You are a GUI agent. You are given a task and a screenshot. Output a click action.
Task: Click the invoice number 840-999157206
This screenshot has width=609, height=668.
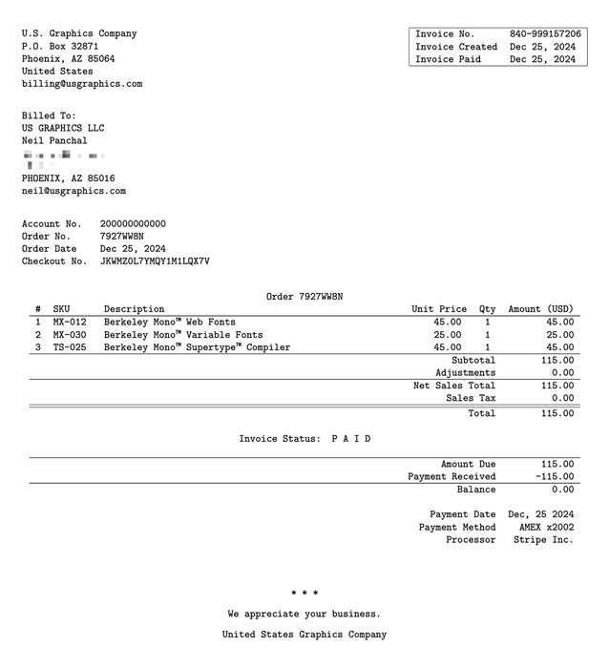[544, 33]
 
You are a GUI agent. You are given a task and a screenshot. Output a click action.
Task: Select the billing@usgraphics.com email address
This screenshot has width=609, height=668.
[82, 84]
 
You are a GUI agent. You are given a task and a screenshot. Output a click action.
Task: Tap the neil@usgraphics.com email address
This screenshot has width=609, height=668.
[73, 191]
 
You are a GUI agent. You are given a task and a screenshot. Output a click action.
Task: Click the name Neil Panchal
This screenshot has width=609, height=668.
[54, 141]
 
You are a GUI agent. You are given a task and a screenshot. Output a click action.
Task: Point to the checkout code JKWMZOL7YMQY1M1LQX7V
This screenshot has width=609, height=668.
[155, 261]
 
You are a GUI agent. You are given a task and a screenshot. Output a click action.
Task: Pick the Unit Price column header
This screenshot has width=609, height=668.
[439, 309]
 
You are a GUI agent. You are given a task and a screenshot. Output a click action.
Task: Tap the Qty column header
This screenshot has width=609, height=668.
[488, 309]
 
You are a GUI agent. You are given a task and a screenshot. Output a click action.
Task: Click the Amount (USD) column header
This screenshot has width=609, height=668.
[540, 309]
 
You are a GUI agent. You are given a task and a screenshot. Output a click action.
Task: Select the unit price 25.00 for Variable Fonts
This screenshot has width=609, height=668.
[447, 335]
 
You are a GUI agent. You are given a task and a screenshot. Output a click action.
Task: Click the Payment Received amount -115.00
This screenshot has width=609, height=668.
[554, 476]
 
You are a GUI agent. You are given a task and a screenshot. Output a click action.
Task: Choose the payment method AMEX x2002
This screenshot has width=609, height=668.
[546, 527]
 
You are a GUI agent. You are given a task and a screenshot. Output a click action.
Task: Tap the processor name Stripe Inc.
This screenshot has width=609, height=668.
[543, 539]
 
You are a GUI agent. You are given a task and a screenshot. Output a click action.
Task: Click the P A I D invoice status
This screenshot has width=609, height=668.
[350, 439]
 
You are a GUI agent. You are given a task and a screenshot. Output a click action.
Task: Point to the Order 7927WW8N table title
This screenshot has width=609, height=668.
[304, 297]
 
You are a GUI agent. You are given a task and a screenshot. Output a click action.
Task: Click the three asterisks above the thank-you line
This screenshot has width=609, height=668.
[304, 594]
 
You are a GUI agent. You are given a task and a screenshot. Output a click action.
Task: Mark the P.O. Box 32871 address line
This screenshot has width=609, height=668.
[60, 46]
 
